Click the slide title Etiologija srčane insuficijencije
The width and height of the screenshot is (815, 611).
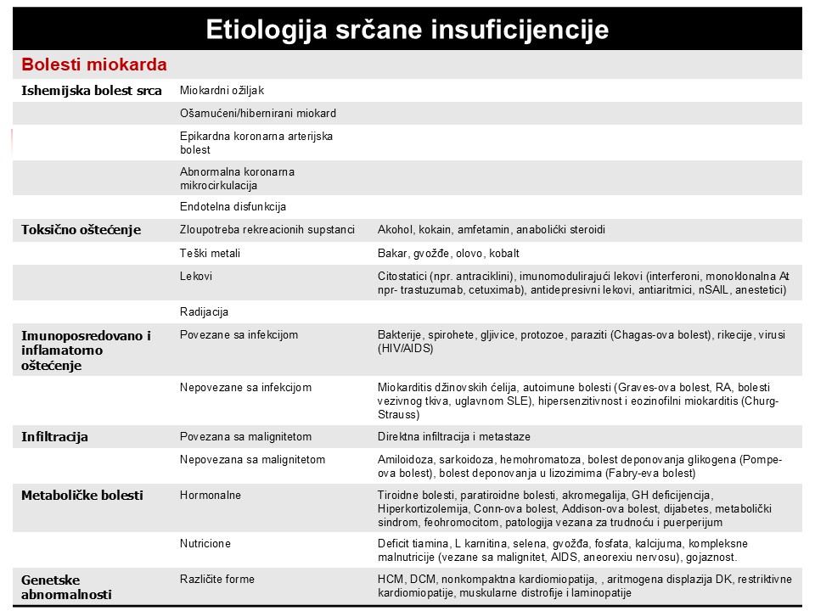pyautogui.click(x=407, y=30)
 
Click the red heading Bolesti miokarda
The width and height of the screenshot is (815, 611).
pyautogui.click(x=93, y=64)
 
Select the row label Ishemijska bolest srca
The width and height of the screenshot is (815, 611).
pyautogui.click(x=91, y=91)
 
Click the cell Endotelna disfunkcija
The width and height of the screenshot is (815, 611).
pyautogui.click(x=233, y=206)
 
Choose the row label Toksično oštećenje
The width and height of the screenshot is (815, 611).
pyautogui.click(x=81, y=230)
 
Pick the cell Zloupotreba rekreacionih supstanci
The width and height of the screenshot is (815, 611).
pyautogui.click(x=267, y=230)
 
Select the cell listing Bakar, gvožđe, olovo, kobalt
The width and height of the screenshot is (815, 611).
pyautogui.click(x=447, y=253)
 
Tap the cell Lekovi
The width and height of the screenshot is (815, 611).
pyautogui.click(x=196, y=277)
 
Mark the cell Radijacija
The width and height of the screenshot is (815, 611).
pyautogui.click(x=204, y=311)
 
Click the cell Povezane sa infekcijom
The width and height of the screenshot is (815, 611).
pyautogui.click(x=239, y=335)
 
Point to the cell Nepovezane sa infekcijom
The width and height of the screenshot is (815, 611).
pyautogui.click(x=245, y=388)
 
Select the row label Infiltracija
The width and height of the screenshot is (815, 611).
pyautogui.click(x=54, y=437)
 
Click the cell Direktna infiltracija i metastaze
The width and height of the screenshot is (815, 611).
pyautogui.click(x=453, y=437)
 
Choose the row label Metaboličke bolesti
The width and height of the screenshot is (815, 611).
pyautogui.click(x=81, y=495)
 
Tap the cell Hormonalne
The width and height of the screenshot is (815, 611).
pyautogui.click(x=210, y=495)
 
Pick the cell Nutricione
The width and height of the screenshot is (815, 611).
pyautogui.click(x=205, y=543)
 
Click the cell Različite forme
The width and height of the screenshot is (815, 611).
pyautogui.click(x=216, y=580)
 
